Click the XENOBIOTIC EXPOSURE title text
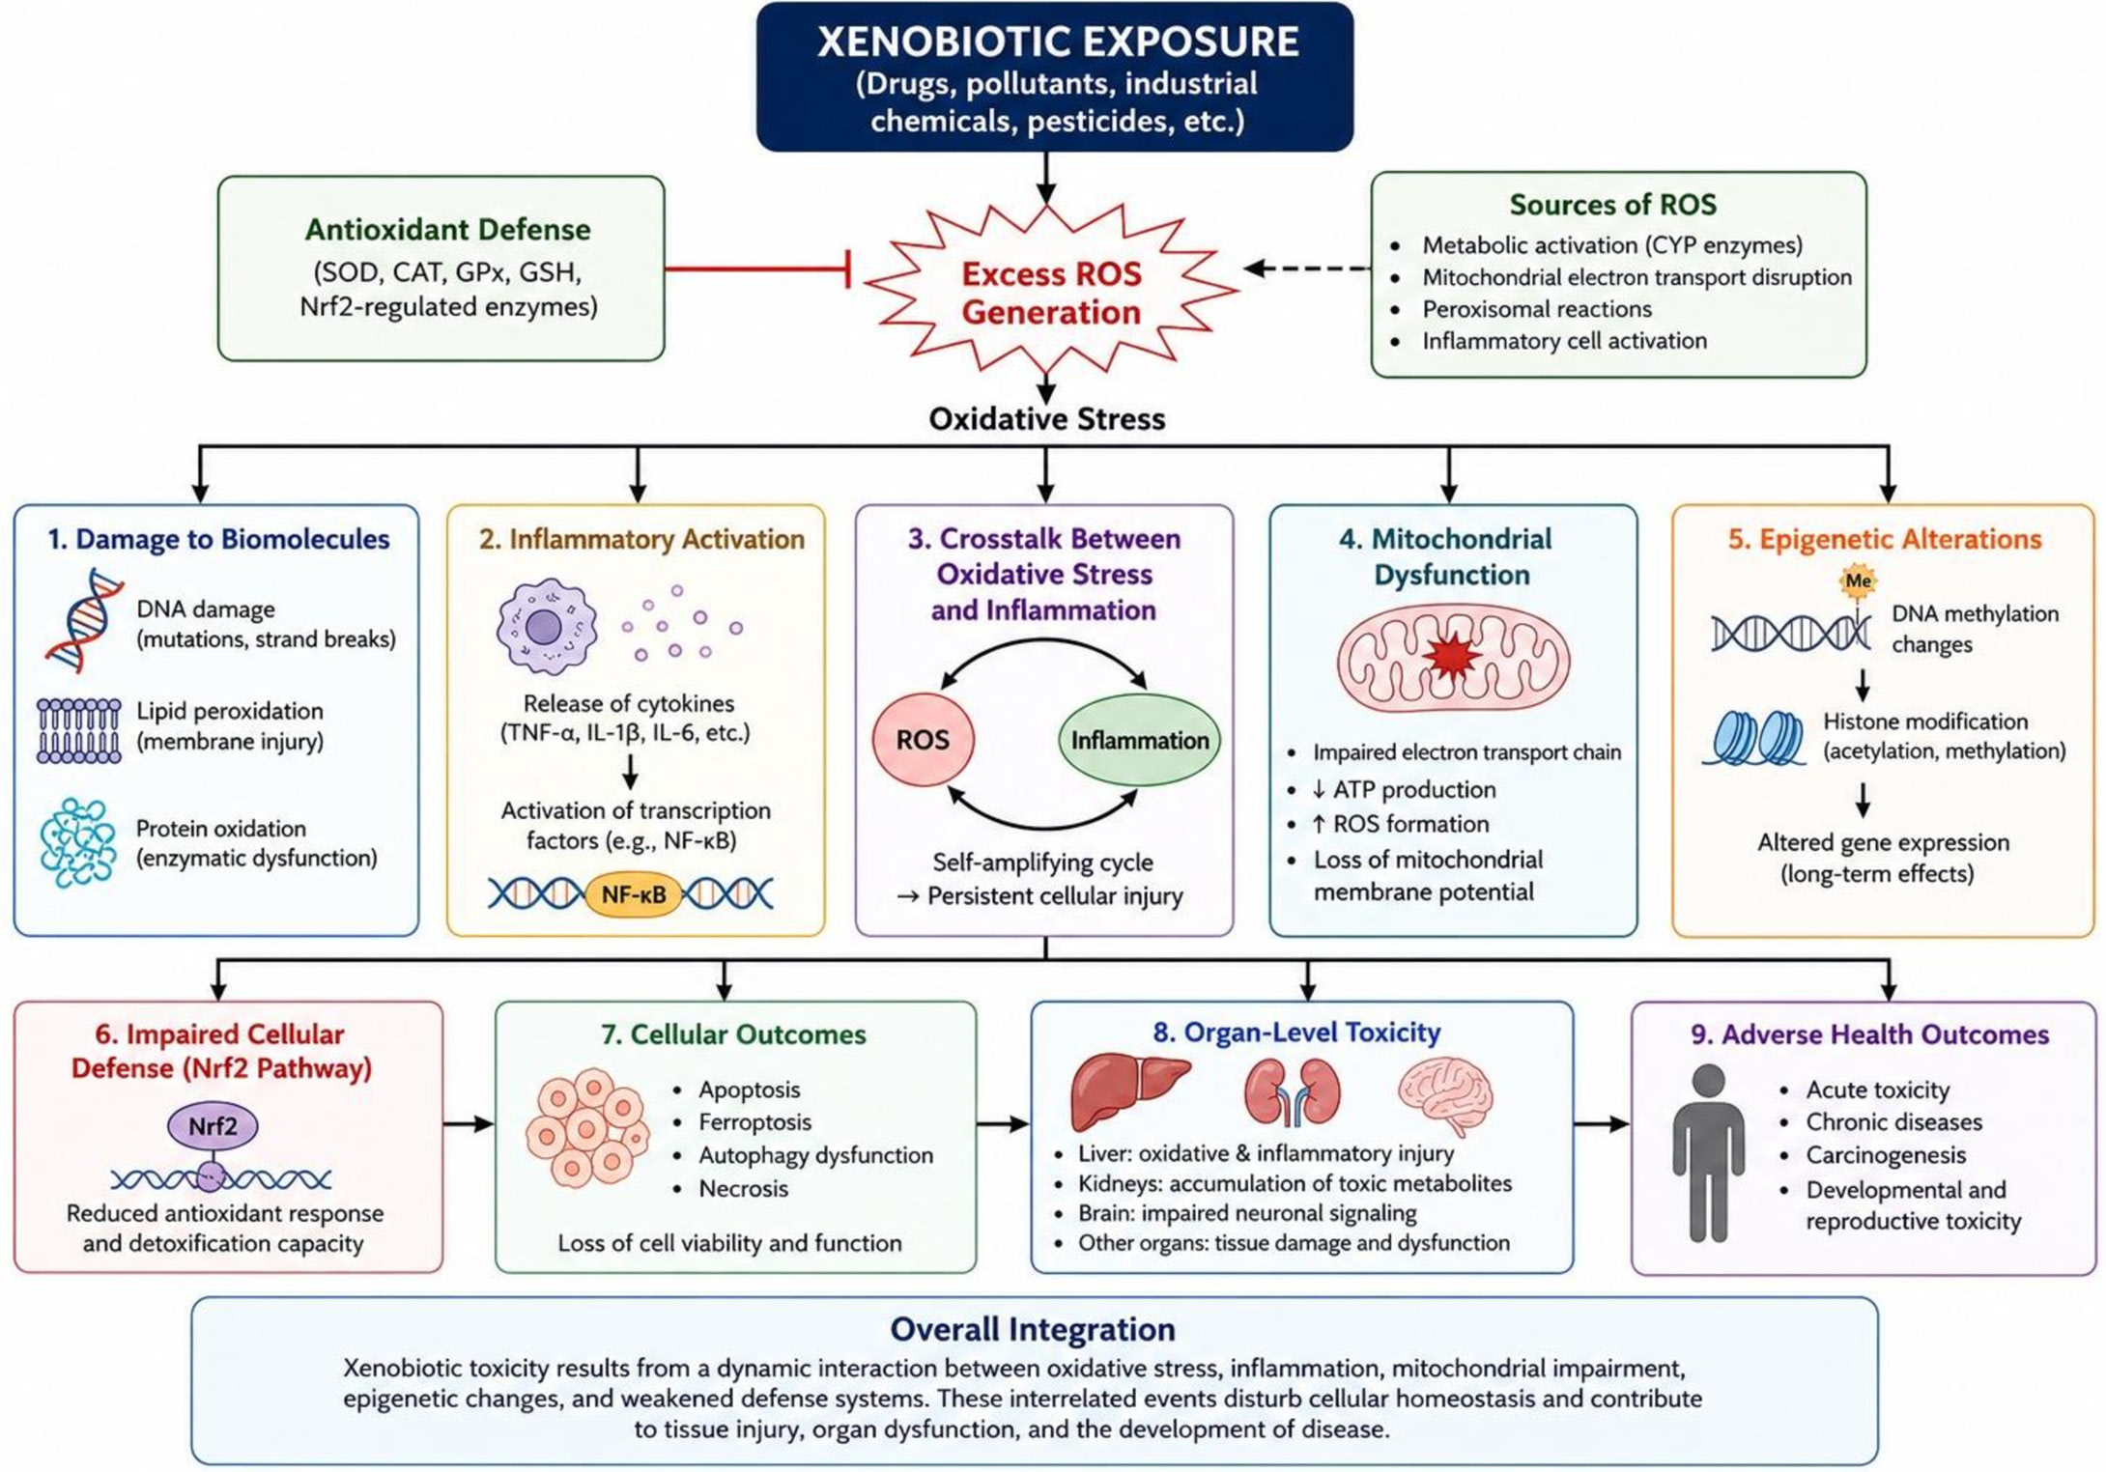pos(1058,42)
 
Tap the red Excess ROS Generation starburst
pos(1051,290)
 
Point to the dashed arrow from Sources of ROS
pos(1307,268)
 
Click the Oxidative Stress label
pos(1047,418)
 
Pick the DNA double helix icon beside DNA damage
pos(85,619)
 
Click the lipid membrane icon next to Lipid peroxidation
pos(79,730)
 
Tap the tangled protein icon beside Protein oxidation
pos(78,842)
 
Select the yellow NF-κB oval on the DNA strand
pos(633,894)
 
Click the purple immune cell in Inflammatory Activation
pos(546,626)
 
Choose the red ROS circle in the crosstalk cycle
pos(924,740)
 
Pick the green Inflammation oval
pos(1140,741)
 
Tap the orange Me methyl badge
pos(1858,581)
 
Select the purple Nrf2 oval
pos(213,1126)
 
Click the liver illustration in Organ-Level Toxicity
pos(1130,1091)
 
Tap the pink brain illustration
pos(1446,1095)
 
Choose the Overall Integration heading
pos(1033,1329)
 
